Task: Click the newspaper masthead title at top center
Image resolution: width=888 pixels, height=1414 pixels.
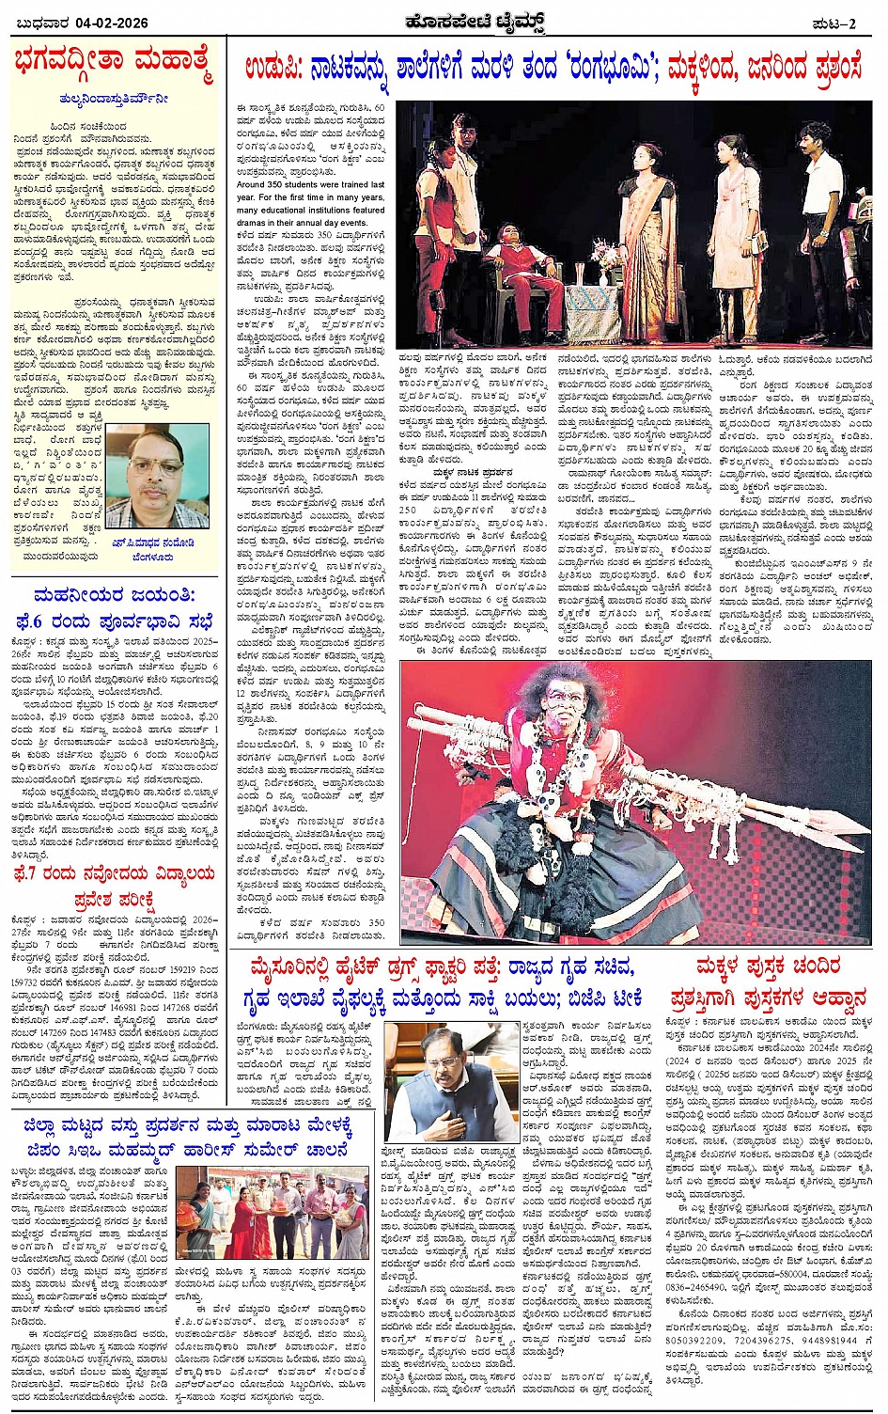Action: click(445, 21)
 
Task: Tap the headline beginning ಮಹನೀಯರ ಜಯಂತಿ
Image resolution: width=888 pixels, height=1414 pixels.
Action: click(115, 596)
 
